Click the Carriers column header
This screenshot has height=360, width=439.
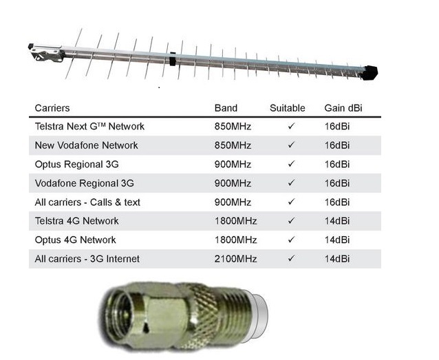point(52,108)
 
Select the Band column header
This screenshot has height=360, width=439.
point(226,108)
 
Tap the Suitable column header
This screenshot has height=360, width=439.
point(287,108)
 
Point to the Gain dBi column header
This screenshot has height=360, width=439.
point(343,108)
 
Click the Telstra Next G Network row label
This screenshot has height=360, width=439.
point(89,127)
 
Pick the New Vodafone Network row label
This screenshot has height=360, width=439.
point(86,145)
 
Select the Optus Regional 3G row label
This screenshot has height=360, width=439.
point(76,165)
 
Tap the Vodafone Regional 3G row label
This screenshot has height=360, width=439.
point(84,183)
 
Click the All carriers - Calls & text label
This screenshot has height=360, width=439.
point(87,202)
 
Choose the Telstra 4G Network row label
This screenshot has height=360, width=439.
point(76,221)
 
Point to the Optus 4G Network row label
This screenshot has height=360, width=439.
point(75,240)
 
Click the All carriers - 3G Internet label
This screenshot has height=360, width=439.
point(87,259)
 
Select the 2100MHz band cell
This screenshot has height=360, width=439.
point(235,259)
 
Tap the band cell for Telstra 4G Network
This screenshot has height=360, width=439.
point(235,221)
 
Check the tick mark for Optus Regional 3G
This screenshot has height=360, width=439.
point(291,164)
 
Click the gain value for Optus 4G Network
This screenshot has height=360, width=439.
point(337,240)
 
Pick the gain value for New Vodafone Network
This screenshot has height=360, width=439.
point(337,145)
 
